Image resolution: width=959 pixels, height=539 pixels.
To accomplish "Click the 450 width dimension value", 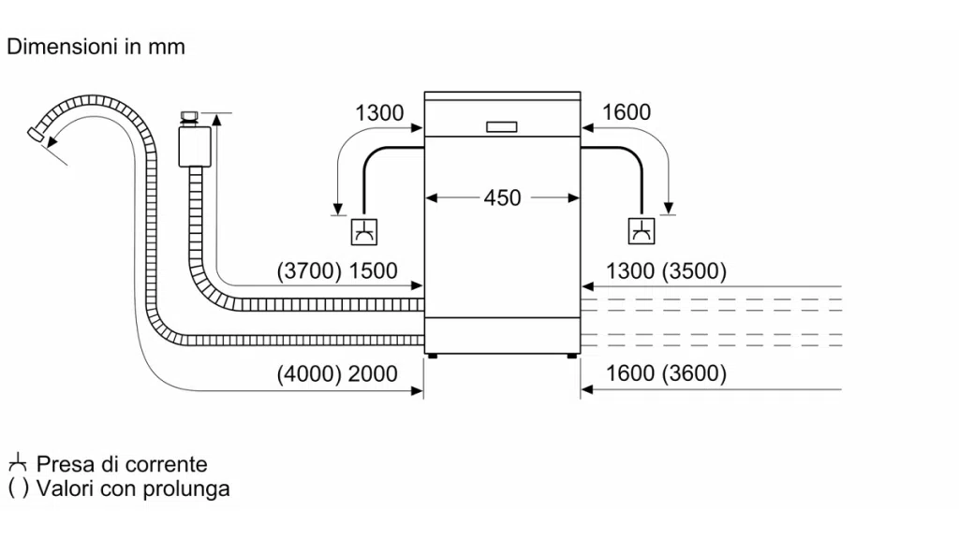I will tap(502, 197).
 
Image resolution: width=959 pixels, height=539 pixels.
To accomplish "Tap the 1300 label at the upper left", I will tap(379, 113).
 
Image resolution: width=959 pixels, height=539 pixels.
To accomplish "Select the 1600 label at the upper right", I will tap(626, 113).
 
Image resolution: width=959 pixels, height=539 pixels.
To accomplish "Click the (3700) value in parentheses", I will tap(310, 271).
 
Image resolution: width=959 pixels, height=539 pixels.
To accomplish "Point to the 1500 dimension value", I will tap(373, 271).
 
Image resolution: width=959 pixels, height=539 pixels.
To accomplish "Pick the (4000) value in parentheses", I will tap(310, 374).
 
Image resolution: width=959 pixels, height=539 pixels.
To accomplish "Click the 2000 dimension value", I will tap(373, 374).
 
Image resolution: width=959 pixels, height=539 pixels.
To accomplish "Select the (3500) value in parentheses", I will tap(693, 271).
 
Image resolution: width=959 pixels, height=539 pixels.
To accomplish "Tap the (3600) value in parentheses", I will tap(693, 374).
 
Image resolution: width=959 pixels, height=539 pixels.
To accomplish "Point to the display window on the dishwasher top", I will tap(502, 126).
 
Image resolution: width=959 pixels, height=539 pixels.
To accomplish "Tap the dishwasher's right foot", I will tap(571, 356).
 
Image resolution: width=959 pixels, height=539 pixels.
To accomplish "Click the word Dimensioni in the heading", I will tap(61, 46).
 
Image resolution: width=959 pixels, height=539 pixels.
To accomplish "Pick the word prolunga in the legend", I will tap(186, 488).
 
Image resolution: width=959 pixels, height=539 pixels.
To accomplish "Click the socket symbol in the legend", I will tap(17, 463).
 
